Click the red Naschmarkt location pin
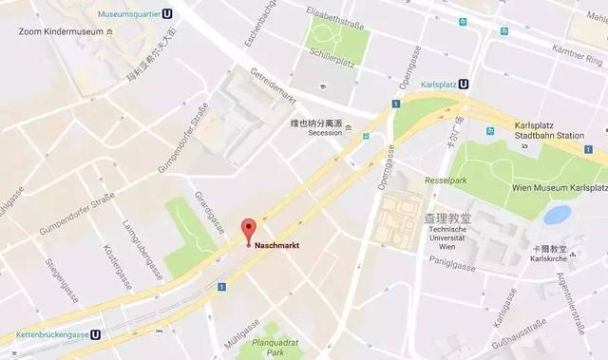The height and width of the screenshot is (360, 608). click(x=248, y=229)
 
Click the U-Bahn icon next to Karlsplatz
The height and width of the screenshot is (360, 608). click(x=464, y=83)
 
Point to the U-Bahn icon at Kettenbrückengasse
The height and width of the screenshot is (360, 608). click(x=97, y=335)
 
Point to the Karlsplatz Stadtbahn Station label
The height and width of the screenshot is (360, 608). click(x=548, y=130)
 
